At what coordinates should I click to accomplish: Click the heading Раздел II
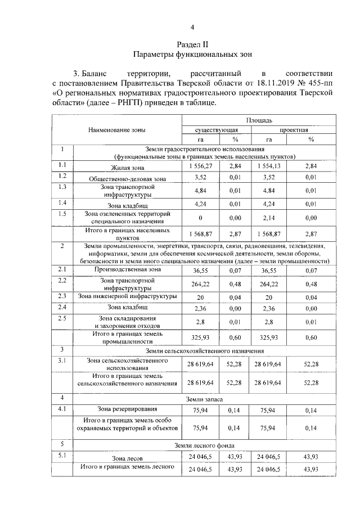[x=192, y=44]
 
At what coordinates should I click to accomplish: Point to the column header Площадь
[x=259, y=120]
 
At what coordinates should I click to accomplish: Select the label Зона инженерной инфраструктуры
[x=128, y=296]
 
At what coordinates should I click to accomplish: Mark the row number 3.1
[x=62, y=361]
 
